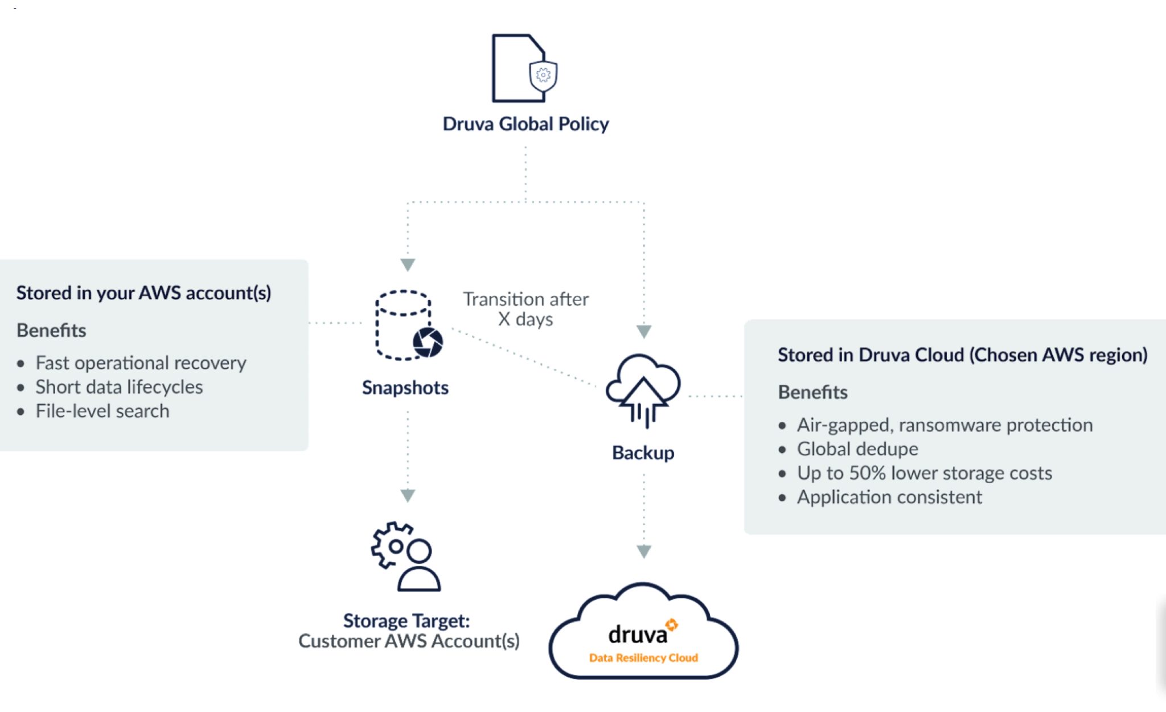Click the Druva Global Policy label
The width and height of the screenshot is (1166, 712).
[x=525, y=124]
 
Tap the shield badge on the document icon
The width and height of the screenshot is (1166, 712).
[x=543, y=75]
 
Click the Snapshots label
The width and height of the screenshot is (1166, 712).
[x=405, y=388]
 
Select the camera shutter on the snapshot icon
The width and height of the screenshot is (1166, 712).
[x=428, y=341]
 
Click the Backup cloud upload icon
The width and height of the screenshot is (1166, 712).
[x=643, y=389]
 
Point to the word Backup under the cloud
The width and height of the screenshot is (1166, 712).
[x=643, y=453]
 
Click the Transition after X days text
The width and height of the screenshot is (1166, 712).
[x=525, y=309]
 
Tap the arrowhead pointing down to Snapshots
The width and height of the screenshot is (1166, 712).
[x=408, y=265]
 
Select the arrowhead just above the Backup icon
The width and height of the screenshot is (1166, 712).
[x=644, y=331]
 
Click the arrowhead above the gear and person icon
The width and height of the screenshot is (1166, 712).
[x=408, y=495]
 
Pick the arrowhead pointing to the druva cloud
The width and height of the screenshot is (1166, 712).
[x=644, y=551]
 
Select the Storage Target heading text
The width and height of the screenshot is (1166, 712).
[x=407, y=620]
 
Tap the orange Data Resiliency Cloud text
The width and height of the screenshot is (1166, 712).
[x=643, y=658]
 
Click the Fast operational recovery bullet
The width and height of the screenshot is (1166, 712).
[x=141, y=363]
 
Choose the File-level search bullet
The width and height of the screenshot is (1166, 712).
[x=102, y=411]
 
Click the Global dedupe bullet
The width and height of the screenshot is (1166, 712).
[x=857, y=449]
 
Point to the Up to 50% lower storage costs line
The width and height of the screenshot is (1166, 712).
[x=924, y=473]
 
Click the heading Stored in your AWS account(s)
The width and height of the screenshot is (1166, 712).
[x=143, y=293]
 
